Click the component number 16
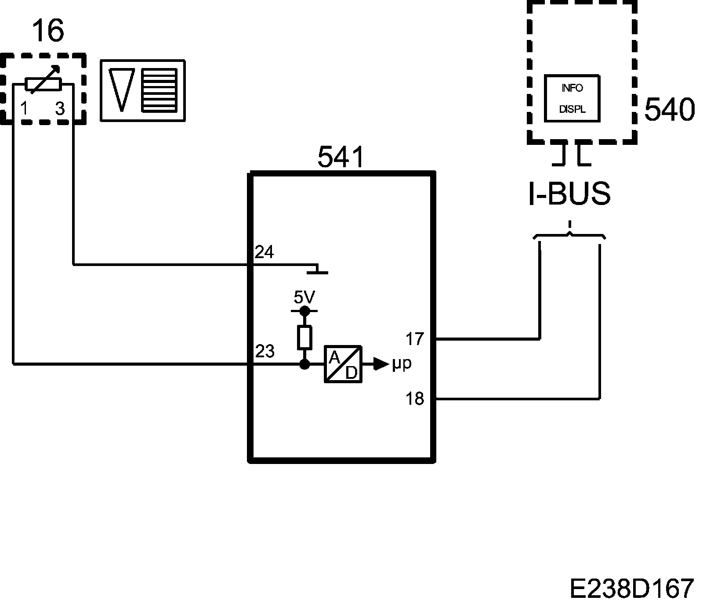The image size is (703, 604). click(x=48, y=31)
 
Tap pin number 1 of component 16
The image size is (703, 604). click(x=25, y=108)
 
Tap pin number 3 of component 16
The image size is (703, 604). click(x=60, y=108)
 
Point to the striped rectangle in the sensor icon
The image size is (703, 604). click(x=159, y=90)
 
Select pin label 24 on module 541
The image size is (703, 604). click(x=264, y=252)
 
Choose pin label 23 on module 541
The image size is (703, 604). click(x=265, y=351)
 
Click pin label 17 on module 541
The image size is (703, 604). click(x=415, y=339)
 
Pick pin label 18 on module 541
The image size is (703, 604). click(x=415, y=399)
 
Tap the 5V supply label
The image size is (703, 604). click(x=304, y=298)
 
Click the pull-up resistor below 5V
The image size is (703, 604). click(x=304, y=337)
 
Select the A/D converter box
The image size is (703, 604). click(x=343, y=364)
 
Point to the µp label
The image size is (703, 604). click(x=402, y=364)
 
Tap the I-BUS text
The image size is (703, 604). click(x=569, y=194)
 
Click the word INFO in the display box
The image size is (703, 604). click(x=572, y=88)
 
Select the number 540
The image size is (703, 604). click(x=670, y=109)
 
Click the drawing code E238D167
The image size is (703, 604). click(x=632, y=588)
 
